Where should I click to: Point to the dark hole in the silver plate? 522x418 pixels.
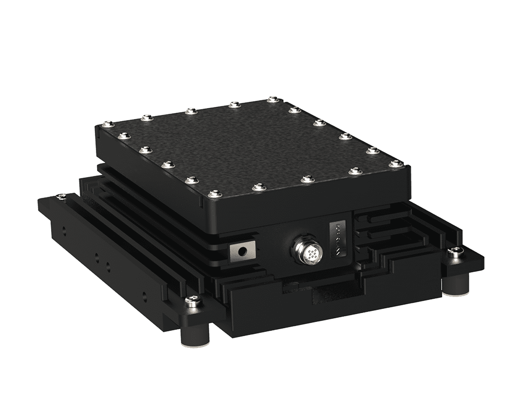tap(242, 251)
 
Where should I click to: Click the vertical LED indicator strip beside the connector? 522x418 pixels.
tap(338, 238)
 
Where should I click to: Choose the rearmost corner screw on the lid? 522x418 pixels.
tap(271, 99)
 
